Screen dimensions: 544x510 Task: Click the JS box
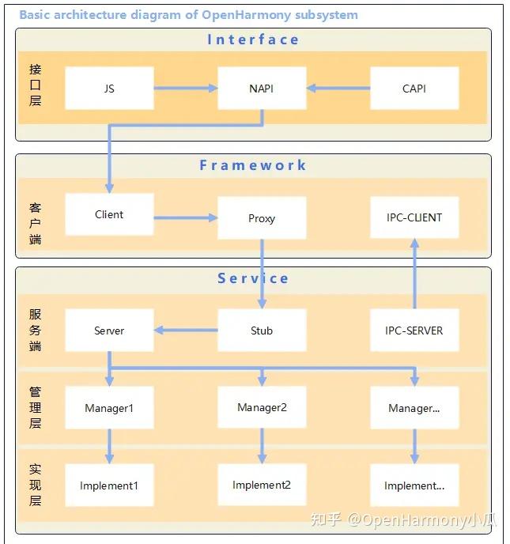109,89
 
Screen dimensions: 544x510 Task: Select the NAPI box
262,89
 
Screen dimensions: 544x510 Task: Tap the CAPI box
414,89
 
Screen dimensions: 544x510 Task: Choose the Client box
109,214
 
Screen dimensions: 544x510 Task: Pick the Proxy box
262,218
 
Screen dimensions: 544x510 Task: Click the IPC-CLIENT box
414,217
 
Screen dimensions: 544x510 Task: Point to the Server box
109,331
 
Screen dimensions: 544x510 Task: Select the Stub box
262,331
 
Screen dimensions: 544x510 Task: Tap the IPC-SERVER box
414,331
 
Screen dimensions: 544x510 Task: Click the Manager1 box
109,408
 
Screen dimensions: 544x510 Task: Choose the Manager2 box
262,407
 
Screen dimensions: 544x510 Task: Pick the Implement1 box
109,485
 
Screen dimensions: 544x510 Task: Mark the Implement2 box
262,485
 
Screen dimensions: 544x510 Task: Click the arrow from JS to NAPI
186,89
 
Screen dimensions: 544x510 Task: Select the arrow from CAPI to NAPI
338,89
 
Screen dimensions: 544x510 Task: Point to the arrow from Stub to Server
186,331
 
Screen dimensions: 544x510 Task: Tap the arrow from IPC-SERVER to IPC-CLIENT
414,274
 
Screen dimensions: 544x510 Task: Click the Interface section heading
253,40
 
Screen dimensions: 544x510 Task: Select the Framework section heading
253,165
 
